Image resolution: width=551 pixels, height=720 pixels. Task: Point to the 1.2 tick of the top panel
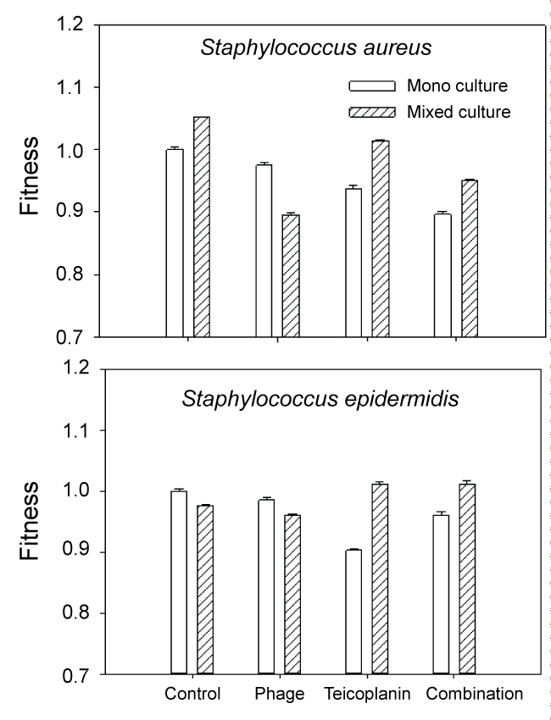click(76, 25)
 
